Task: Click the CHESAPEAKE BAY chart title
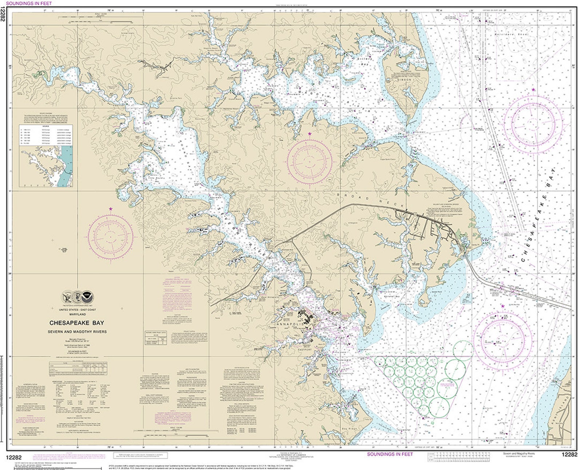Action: tap(76, 323)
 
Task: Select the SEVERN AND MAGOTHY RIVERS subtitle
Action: tap(76, 332)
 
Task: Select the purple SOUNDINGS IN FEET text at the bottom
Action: tap(390, 454)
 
